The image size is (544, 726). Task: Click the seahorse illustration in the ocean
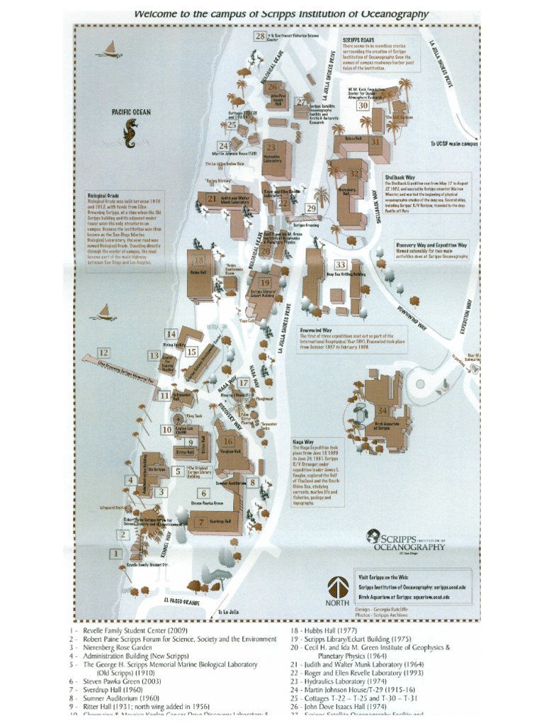coord(130,134)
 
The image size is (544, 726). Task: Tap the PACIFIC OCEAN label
coord(131,111)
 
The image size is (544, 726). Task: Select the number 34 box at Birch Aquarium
coord(382,411)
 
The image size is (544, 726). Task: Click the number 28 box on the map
coord(260,35)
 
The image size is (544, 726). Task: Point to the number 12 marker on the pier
coord(103,352)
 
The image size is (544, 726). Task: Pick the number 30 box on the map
coord(363,106)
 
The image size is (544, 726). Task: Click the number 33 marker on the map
coord(341,265)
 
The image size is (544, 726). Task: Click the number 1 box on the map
coord(115,553)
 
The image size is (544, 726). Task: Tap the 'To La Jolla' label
coord(231,611)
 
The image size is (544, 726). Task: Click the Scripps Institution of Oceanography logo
coord(407,542)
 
